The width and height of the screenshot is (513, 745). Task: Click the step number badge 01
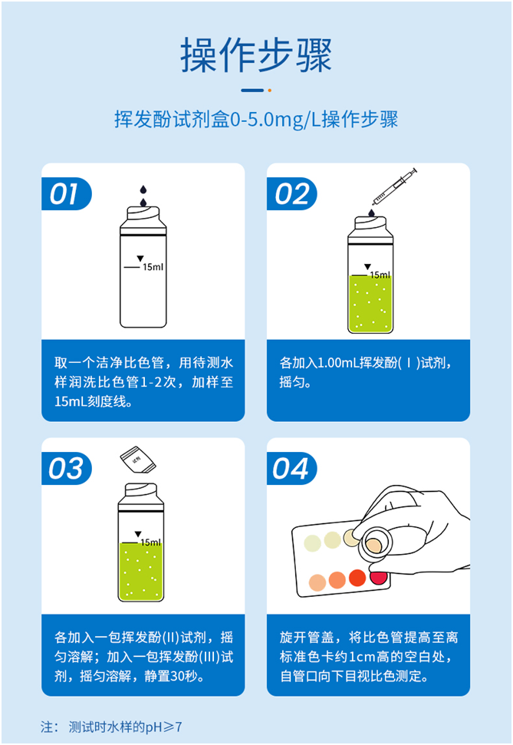[x=65, y=194]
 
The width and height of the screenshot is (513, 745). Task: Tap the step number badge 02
[x=291, y=194]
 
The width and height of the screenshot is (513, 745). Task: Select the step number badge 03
[x=65, y=469]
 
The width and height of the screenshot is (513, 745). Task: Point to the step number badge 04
[x=291, y=469]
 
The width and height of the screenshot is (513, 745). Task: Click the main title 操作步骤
[x=256, y=55]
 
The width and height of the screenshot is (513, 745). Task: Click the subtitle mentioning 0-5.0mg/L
[x=256, y=120]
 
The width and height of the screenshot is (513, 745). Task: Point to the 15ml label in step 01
[x=153, y=267]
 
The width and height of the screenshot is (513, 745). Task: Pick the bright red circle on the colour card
[x=357, y=578]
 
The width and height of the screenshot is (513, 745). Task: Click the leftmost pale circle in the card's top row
[x=312, y=543]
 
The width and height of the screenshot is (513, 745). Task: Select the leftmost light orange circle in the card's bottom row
[x=317, y=582]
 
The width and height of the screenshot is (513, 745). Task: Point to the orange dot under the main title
[x=269, y=90]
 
